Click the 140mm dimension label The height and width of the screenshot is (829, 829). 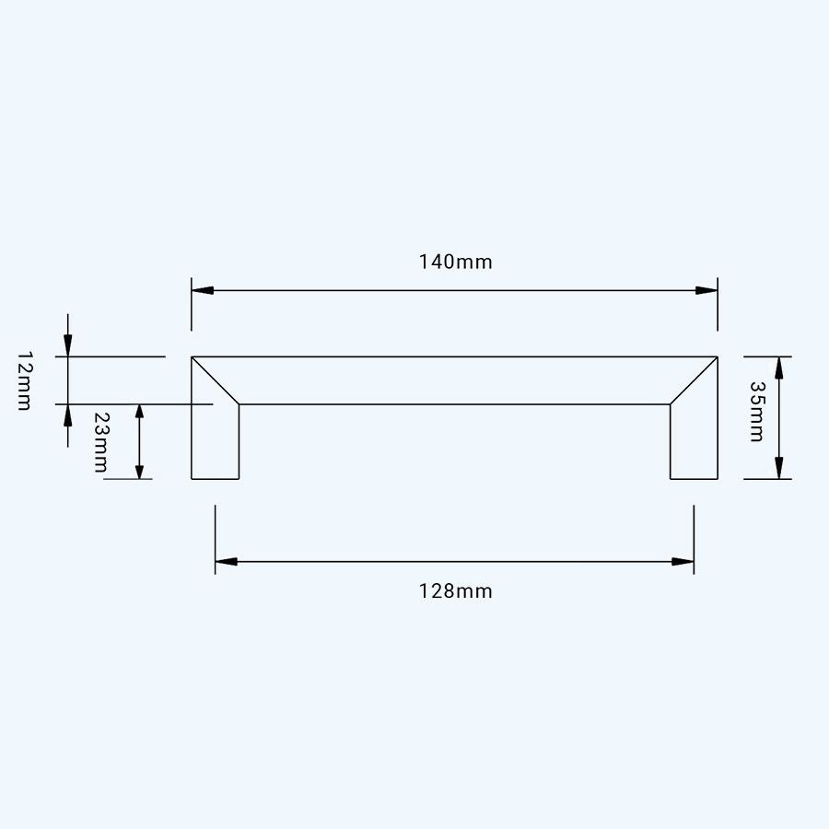click(x=456, y=262)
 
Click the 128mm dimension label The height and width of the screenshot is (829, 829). click(x=456, y=591)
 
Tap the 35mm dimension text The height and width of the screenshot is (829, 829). click(x=756, y=412)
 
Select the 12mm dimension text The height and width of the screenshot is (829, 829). click(x=25, y=380)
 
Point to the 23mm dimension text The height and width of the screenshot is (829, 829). click(x=101, y=442)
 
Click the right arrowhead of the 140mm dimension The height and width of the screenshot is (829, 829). click(x=706, y=290)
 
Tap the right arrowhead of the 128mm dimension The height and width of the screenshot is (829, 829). click(x=683, y=561)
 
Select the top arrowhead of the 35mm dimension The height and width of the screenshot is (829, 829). click(x=779, y=368)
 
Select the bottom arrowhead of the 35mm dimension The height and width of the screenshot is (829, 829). click(x=779, y=468)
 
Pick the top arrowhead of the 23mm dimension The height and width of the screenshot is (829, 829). click(x=139, y=414)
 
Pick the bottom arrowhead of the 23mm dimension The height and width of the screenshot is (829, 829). click(x=139, y=469)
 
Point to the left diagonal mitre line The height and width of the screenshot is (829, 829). click(x=216, y=380)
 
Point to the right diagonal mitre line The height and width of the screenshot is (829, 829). click(x=694, y=380)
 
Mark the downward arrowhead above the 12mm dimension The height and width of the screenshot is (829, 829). click(x=68, y=346)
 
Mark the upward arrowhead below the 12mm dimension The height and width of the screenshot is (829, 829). click(x=68, y=414)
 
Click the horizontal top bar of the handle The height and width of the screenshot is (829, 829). click(x=455, y=380)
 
